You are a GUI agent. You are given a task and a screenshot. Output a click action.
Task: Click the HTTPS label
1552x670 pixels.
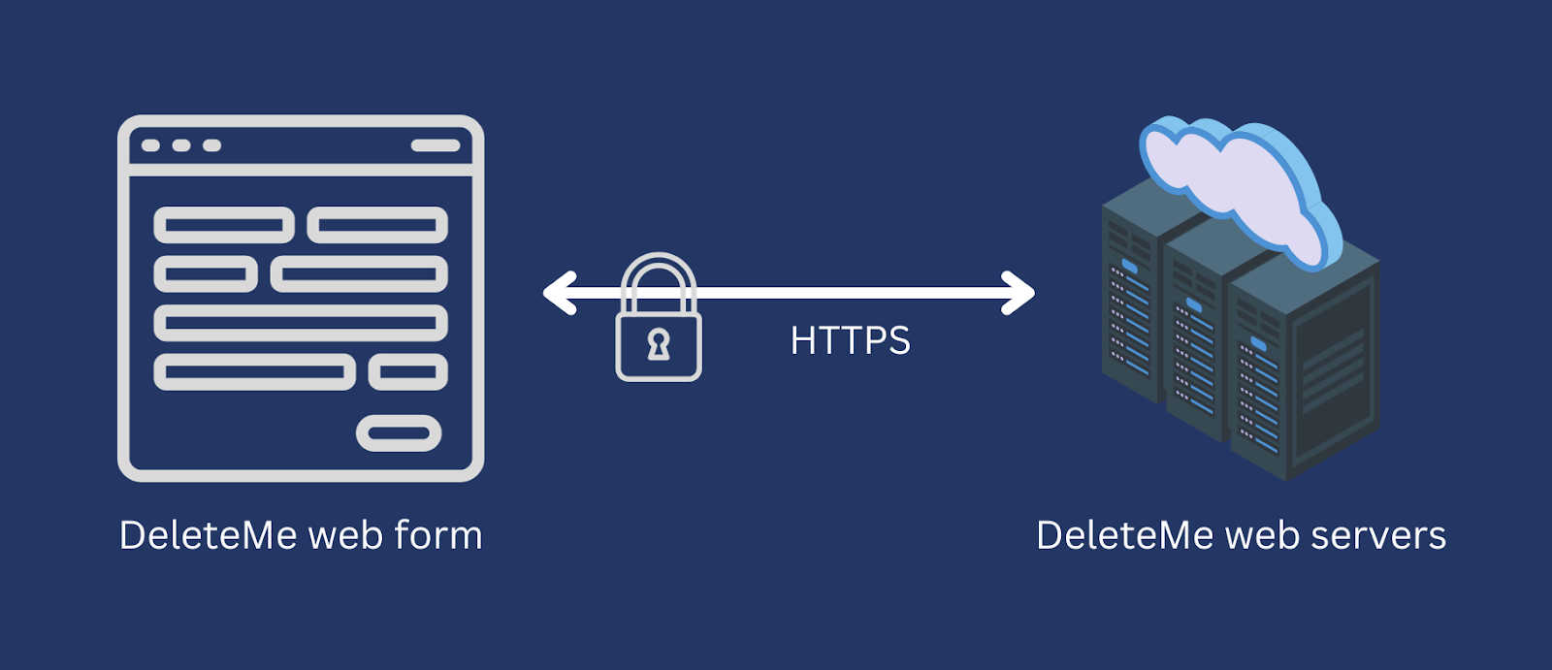coord(850,340)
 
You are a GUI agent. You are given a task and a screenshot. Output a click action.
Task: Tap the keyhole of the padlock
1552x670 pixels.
coord(659,344)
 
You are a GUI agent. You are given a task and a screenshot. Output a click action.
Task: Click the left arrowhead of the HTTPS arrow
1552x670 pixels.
coord(560,293)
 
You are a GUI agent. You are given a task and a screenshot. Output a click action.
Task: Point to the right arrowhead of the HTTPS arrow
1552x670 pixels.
coord(1018,293)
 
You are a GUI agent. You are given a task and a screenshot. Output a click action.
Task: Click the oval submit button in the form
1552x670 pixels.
coord(399,433)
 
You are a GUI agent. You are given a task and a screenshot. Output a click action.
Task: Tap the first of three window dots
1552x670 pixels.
coord(150,145)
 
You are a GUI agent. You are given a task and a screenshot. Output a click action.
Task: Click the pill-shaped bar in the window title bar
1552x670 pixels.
coord(436,145)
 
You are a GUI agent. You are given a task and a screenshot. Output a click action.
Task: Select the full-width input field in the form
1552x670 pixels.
coord(301,323)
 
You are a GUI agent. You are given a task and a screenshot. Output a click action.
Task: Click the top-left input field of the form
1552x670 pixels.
coord(224,225)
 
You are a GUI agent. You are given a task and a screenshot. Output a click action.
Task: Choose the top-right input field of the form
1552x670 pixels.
coord(377,225)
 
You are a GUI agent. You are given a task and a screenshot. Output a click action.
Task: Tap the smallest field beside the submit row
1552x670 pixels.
coord(408,372)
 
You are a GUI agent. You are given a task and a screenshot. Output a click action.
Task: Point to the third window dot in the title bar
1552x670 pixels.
coord(212,145)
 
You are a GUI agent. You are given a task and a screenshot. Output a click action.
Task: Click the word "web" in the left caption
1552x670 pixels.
coord(345,535)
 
